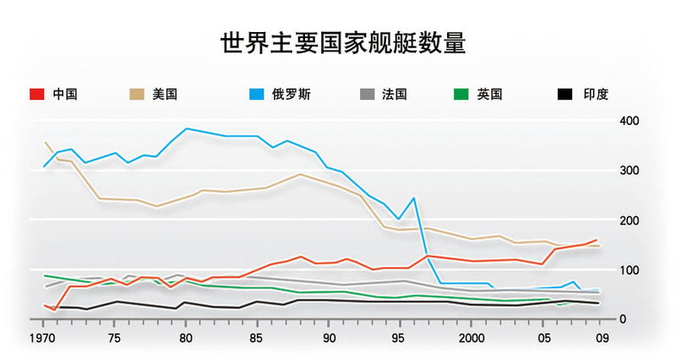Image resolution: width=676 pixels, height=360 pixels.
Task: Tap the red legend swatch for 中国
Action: click(36, 94)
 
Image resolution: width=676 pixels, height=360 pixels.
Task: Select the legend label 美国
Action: click(166, 94)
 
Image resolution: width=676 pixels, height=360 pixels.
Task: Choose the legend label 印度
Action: click(596, 94)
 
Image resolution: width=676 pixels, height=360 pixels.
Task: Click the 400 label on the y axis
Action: click(629, 121)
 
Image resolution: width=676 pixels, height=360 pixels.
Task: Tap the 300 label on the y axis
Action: click(629, 171)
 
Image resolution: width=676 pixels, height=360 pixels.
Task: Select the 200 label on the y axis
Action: click(629, 220)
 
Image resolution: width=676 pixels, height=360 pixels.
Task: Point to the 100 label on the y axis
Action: click(629, 270)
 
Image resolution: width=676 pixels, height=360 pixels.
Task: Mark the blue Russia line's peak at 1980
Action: click(186, 128)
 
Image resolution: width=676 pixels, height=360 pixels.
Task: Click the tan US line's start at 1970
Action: click(44, 141)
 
